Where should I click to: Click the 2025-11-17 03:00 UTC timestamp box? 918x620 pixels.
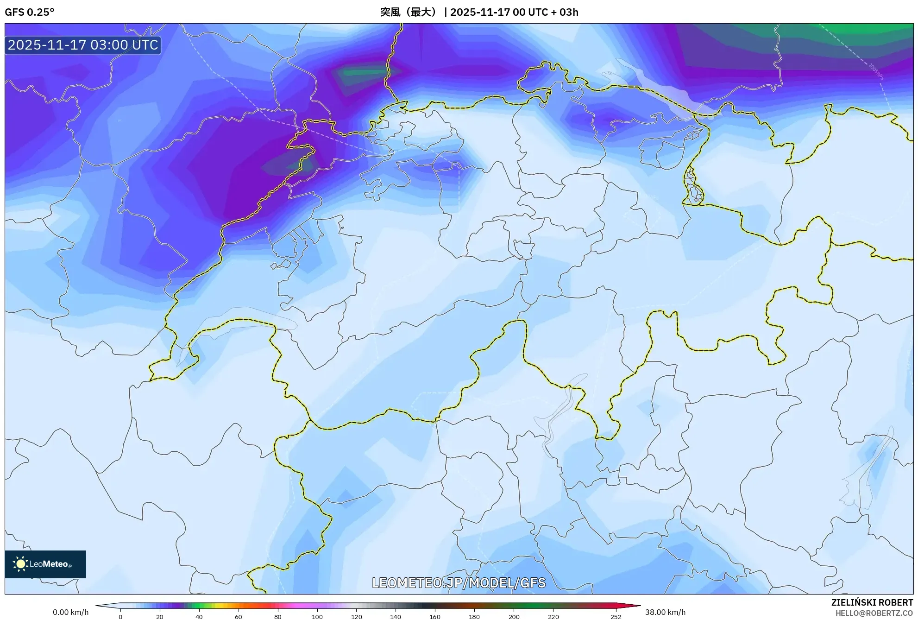pos(83,45)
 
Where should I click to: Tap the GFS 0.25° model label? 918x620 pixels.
pos(30,12)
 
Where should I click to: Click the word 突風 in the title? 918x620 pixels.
pos(390,12)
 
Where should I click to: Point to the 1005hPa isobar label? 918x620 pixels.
pos(875,71)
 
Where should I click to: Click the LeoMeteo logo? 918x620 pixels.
pos(45,564)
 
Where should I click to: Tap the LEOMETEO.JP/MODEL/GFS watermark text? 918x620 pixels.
pos(459,582)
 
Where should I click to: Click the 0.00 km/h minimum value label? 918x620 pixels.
pos(70,612)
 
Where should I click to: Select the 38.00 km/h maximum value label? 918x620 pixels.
pos(665,612)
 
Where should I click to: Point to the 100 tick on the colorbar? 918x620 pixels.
pos(317,616)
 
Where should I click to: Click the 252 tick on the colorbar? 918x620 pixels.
pos(616,616)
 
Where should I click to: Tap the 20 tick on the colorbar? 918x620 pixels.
pos(160,616)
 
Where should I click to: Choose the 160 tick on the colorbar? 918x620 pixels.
pos(434,616)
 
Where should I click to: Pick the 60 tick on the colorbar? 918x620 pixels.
pos(238,616)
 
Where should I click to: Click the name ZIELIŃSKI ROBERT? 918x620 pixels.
pos(872,602)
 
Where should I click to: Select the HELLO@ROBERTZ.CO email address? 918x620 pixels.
pos(874,613)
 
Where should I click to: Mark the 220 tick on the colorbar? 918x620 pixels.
pos(553,616)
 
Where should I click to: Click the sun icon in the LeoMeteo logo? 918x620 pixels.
pos(20,564)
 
